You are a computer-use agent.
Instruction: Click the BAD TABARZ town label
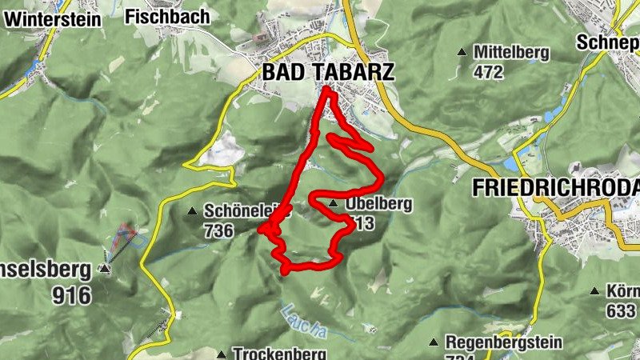click(328, 72)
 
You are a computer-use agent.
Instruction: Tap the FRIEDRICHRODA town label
click(556, 188)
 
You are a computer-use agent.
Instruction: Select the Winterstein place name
click(51, 18)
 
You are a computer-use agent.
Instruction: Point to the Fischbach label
click(167, 16)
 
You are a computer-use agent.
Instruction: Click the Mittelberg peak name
click(511, 53)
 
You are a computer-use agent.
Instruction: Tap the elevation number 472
click(488, 72)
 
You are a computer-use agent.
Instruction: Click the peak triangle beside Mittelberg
click(462, 53)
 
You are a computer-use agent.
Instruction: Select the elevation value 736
click(218, 231)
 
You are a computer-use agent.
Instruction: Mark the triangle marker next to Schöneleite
click(191, 212)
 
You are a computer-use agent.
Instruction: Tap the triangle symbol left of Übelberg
click(333, 204)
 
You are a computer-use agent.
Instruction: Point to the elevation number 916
click(71, 295)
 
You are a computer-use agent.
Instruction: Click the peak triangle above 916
click(105, 270)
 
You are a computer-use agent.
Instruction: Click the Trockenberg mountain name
click(279, 353)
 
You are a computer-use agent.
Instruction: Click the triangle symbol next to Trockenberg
click(221, 353)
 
